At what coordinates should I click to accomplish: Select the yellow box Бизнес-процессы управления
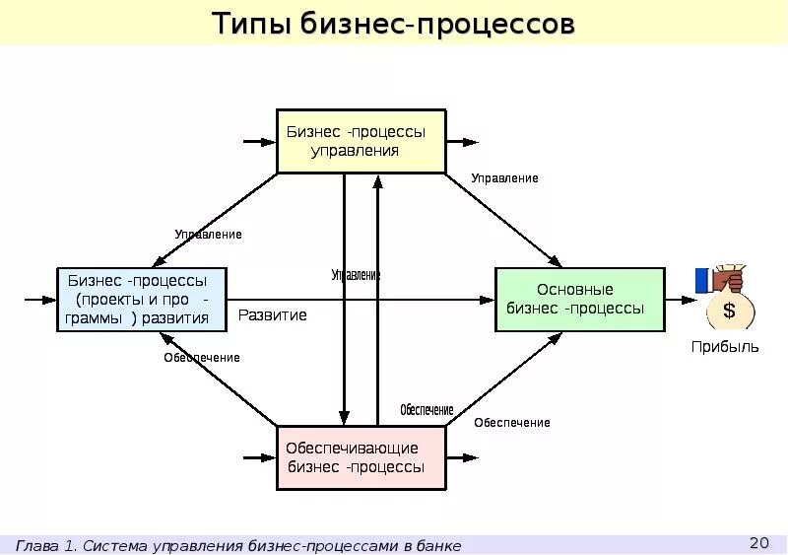[361, 141]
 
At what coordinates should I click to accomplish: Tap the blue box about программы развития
[141, 299]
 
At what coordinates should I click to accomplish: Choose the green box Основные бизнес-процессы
[579, 299]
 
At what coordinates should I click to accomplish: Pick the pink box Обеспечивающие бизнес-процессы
[361, 457]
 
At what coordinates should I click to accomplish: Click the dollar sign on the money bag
[729, 312]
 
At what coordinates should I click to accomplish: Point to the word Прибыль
[725, 347]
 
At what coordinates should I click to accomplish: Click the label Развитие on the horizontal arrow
[273, 315]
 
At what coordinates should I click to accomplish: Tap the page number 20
[758, 542]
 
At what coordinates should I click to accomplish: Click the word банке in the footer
[438, 545]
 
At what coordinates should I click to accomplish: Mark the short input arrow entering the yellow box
[259, 142]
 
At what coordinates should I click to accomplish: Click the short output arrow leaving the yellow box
[462, 142]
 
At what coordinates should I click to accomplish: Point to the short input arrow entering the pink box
[259, 457]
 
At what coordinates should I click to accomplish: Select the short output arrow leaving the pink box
[462, 457]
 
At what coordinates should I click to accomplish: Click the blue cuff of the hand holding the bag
[702, 280]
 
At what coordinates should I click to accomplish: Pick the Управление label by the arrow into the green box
[504, 178]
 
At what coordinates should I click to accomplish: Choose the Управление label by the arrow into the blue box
[208, 235]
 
